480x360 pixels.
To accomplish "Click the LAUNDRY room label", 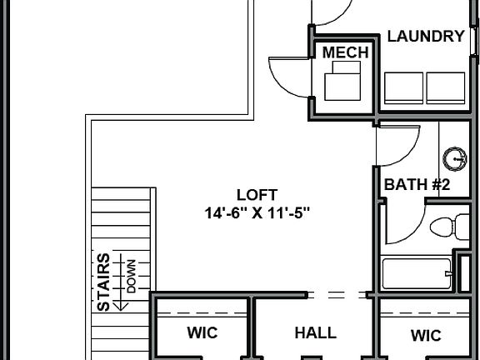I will tap(425, 37).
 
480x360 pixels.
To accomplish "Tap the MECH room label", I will tap(345, 52).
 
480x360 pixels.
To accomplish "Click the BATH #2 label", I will tap(417, 184).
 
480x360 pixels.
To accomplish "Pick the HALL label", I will tap(315, 333).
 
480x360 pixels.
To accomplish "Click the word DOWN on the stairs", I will tap(131, 276).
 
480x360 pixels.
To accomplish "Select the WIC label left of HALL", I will tap(202, 333).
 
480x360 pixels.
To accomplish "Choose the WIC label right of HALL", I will tap(425, 335).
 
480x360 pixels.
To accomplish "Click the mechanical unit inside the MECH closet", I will tap(342, 83).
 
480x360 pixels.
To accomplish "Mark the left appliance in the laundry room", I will tap(403, 87).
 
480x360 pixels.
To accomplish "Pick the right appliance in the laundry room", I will tap(445, 87).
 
